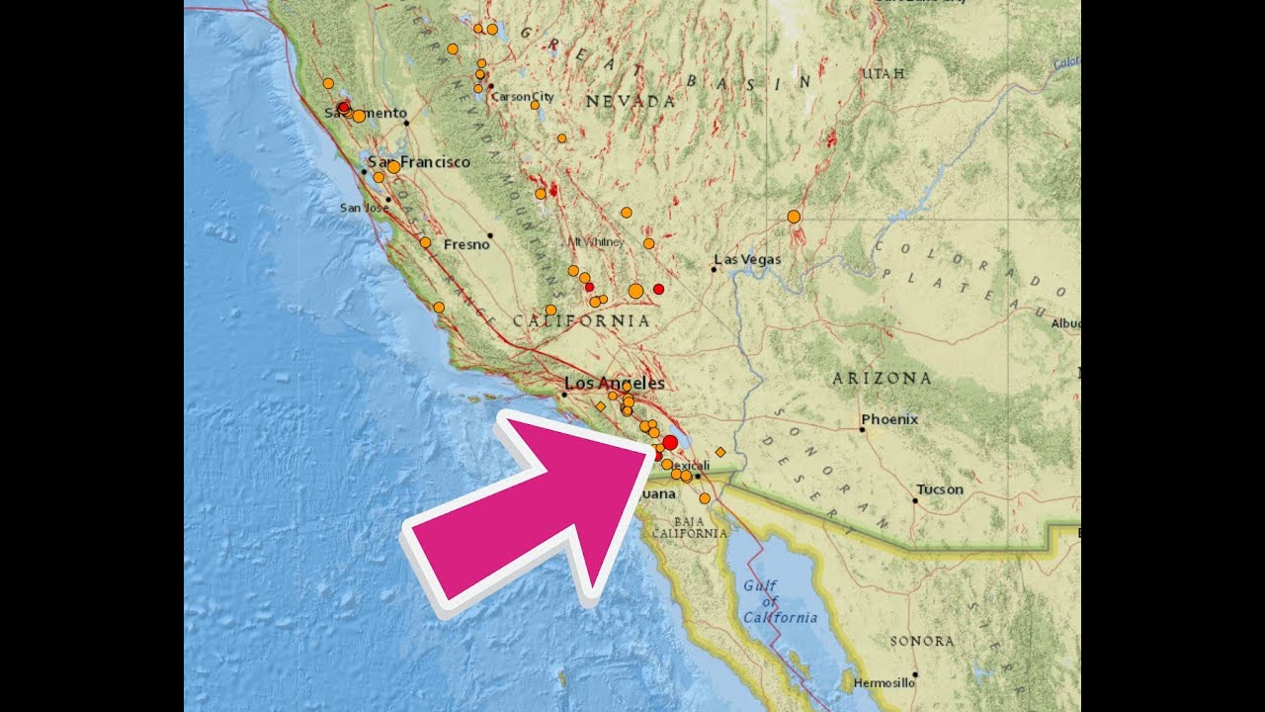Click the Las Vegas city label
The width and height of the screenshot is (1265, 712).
coord(748,260)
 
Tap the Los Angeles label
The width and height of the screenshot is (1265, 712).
coord(614,384)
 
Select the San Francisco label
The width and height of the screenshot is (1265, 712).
coord(419,162)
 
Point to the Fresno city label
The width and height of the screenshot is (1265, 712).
coord(466,244)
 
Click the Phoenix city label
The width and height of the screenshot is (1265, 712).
coord(889,419)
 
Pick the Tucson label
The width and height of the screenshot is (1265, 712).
coord(939,489)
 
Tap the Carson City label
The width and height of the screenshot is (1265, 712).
coord(522,97)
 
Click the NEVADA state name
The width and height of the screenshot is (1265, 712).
coord(630,101)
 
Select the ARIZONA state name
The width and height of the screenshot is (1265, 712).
coord(882,378)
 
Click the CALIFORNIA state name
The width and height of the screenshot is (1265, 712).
coord(581,321)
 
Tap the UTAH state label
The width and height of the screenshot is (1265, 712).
coord(882,74)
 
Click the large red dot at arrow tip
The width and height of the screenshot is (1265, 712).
coord(670,443)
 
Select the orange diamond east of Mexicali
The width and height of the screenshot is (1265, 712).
coord(720,452)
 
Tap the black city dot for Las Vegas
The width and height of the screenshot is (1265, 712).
coord(714,269)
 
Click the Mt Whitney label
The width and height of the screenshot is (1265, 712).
coord(591,241)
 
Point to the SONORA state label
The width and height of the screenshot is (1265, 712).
coord(921,641)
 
